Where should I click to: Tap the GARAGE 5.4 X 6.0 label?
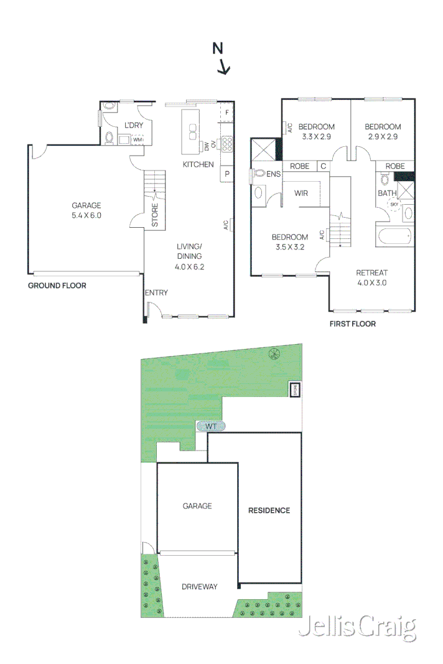[x=86, y=210]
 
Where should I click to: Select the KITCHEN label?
[x=198, y=164]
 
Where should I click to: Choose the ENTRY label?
[x=156, y=292]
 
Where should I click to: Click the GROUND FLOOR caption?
[x=57, y=286]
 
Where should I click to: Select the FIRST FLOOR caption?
[x=352, y=324]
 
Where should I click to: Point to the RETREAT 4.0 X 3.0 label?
[x=371, y=278]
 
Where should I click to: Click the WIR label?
[x=301, y=194]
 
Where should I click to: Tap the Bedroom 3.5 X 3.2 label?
[x=289, y=241]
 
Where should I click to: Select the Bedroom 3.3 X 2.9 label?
[x=315, y=131]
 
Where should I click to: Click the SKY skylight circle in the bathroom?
[x=393, y=205]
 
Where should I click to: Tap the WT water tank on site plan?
[x=211, y=426]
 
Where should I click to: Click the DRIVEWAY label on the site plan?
[x=199, y=586]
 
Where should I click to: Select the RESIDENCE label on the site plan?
[x=269, y=510]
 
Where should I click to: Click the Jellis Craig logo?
[x=357, y=628]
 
